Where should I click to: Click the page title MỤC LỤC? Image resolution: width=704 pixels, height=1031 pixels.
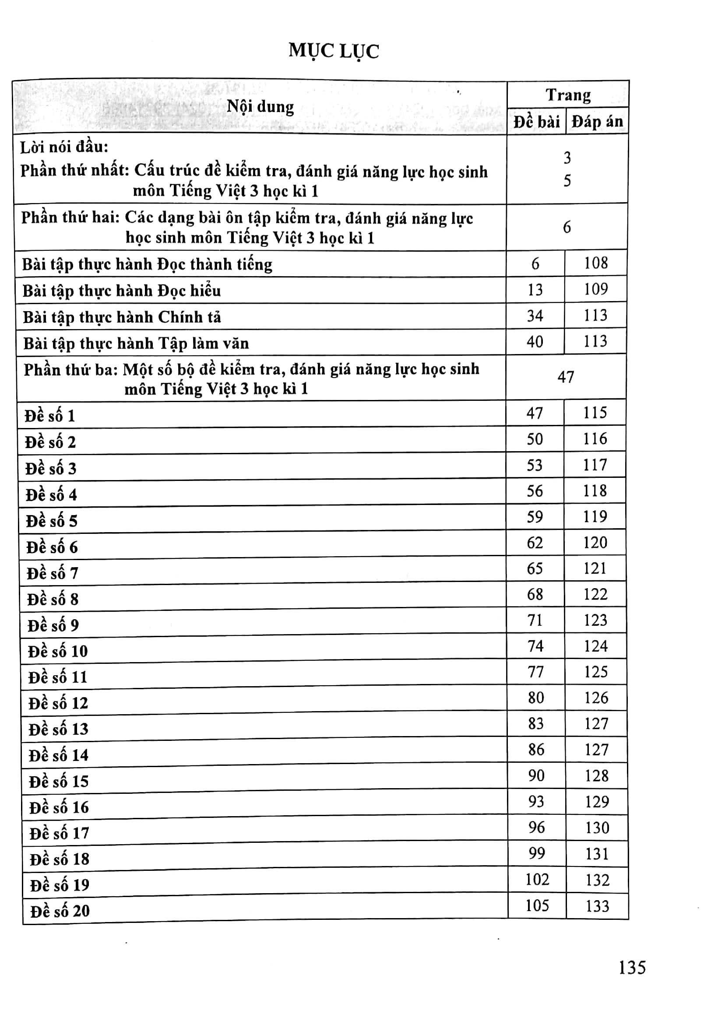[334, 51]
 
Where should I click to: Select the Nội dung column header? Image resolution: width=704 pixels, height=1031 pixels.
[260, 107]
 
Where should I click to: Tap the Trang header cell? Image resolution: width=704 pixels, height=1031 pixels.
[568, 95]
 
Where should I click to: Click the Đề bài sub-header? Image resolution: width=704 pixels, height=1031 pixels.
[537, 122]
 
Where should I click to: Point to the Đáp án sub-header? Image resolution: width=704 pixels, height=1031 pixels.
[597, 122]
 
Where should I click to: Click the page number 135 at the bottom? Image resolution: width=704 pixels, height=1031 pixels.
[632, 968]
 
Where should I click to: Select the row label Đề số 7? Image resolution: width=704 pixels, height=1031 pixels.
[52, 573]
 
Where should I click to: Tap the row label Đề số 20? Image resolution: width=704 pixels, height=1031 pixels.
[60, 911]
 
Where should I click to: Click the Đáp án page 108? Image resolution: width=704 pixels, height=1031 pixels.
[596, 263]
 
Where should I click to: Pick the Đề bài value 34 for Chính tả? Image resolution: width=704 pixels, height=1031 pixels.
[535, 316]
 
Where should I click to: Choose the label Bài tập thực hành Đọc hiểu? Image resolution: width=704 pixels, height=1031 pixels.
[121, 291]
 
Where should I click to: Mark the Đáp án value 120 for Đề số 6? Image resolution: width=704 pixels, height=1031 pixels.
[595, 543]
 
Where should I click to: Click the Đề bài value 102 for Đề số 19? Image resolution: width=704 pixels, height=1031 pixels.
[537, 879]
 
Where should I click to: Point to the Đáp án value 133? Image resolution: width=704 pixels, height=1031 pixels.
[597, 906]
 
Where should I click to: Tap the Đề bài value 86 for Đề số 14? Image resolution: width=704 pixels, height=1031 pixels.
[536, 750]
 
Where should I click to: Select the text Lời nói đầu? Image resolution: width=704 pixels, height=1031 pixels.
[64, 147]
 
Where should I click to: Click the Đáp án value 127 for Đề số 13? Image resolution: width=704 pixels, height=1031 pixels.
[596, 723]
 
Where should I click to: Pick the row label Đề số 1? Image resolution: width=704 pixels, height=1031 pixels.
[50, 416]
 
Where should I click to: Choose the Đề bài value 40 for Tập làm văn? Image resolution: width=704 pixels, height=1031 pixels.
[535, 342]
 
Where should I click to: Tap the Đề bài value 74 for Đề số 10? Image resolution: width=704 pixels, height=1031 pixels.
[536, 646]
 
